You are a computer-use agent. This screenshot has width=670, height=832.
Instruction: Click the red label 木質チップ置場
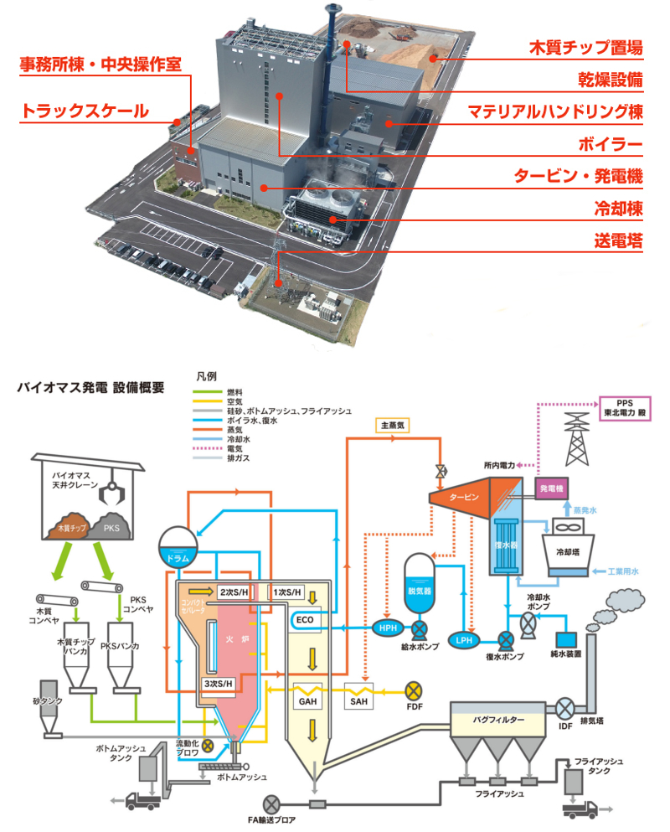(585, 47)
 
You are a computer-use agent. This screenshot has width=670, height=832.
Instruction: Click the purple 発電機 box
(552, 488)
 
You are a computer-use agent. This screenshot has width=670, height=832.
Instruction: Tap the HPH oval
(388, 628)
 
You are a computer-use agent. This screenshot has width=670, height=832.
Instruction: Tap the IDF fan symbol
(564, 708)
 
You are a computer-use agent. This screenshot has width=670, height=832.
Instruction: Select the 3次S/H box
(215, 683)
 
